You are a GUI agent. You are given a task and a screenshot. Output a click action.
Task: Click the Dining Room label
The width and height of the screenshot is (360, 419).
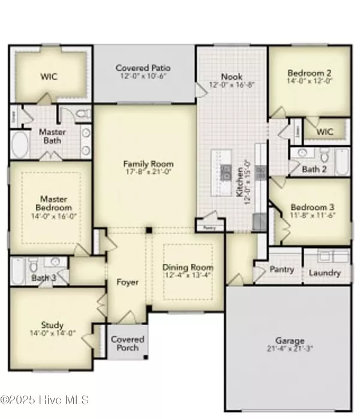[x=188, y=267]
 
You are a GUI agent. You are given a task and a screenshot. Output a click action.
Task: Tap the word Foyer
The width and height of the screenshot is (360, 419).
[x=127, y=282]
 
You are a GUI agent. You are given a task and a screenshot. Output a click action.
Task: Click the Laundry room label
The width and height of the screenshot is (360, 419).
[x=325, y=273]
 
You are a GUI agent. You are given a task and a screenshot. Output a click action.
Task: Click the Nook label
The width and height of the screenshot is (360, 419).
[x=231, y=77]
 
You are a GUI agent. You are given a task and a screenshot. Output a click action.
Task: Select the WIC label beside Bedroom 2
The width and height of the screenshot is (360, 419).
[x=325, y=131]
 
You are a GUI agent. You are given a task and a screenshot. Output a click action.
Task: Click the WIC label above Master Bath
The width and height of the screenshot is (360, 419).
[x=49, y=77]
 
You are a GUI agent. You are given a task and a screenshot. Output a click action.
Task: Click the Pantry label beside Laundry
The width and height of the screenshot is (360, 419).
[x=282, y=270]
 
